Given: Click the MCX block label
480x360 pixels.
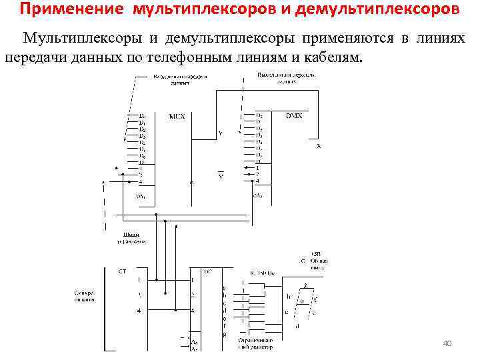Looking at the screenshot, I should coord(177,117).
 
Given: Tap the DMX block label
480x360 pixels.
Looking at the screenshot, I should coord(294,116).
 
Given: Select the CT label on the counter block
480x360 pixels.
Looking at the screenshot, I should coord(123,271).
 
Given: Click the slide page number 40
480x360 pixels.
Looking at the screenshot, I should coord(447,343).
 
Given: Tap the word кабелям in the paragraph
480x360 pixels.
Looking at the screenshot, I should coord(330,57).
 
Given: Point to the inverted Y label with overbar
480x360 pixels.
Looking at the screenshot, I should coord(220,176).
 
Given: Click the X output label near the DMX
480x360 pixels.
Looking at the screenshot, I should coord(318,145).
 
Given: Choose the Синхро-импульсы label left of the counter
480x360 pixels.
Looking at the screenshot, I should coord(84,296).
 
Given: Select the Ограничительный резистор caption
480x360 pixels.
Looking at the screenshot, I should coord(253,343).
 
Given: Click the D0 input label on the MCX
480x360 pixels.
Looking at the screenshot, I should coord(142,117).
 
